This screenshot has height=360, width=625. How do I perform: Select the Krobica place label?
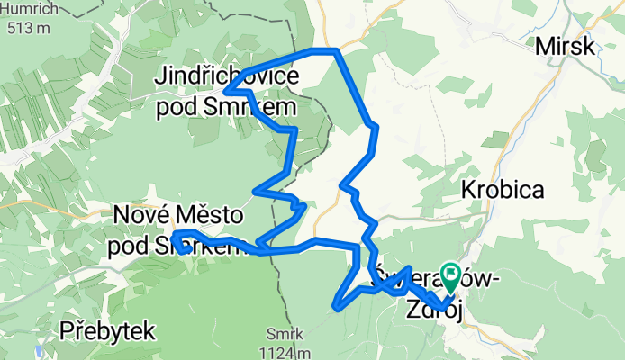click(501, 190)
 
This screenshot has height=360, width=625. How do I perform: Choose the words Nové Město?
click(178, 216)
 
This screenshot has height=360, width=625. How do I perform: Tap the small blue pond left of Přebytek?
click(37, 350)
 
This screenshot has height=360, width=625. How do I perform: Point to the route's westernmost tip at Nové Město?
click(173, 236)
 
